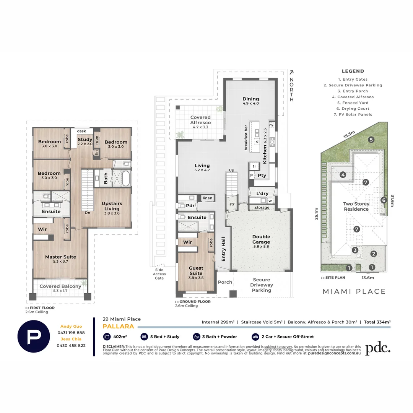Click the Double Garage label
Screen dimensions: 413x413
pos(261,239)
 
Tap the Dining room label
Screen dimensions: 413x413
pos(251,99)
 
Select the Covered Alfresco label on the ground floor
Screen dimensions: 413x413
pos(200,120)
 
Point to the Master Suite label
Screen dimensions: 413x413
pos(60,257)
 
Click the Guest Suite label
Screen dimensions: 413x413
pos(196,270)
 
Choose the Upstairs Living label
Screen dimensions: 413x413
pos(112,206)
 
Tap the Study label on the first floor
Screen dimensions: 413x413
pos(85,140)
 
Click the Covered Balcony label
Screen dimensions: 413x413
pos(60,286)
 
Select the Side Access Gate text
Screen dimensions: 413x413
pos(159,274)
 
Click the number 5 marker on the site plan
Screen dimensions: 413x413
pos(371,140)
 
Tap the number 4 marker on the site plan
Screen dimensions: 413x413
pos(343,175)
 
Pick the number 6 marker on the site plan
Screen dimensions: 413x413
pos(384,200)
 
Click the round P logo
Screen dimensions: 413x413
pos(34,336)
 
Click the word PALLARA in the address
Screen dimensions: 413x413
pos(118,326)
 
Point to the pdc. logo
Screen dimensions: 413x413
pos(378,348)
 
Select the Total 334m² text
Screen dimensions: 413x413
pos(377,322)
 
